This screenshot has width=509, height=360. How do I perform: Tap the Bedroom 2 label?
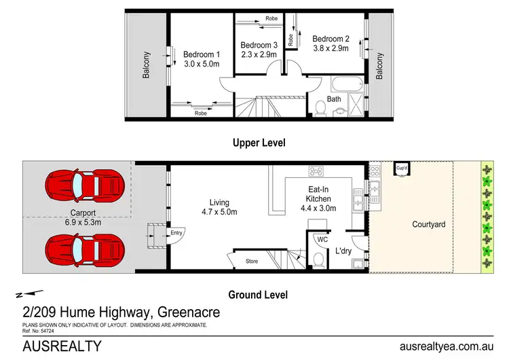pos(330,39)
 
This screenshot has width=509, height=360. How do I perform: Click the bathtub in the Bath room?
pos(347,86)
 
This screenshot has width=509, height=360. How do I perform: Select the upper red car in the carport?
pos(84,184)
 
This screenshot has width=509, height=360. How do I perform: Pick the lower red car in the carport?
pos(84,249)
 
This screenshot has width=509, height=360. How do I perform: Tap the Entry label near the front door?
pos(176,233)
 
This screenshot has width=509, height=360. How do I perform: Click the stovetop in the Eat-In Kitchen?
pos(317,170)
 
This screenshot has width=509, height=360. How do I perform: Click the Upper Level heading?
pos(259,143)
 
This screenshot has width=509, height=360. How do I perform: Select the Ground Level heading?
pos(259,295)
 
